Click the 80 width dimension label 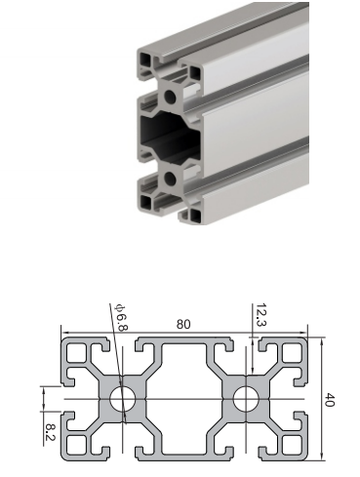tap(183, 324)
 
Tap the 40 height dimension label tap(330, 400)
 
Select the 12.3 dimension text tap(261, 314)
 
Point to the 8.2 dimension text tap(51, 431)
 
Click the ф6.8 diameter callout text tap(121, 318)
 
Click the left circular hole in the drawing tap(123, 399)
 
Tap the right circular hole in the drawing tap(246, 399)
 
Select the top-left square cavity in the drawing tap(77, 353)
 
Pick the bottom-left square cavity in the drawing tap(77, 445)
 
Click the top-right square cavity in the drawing tap(292, 353)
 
